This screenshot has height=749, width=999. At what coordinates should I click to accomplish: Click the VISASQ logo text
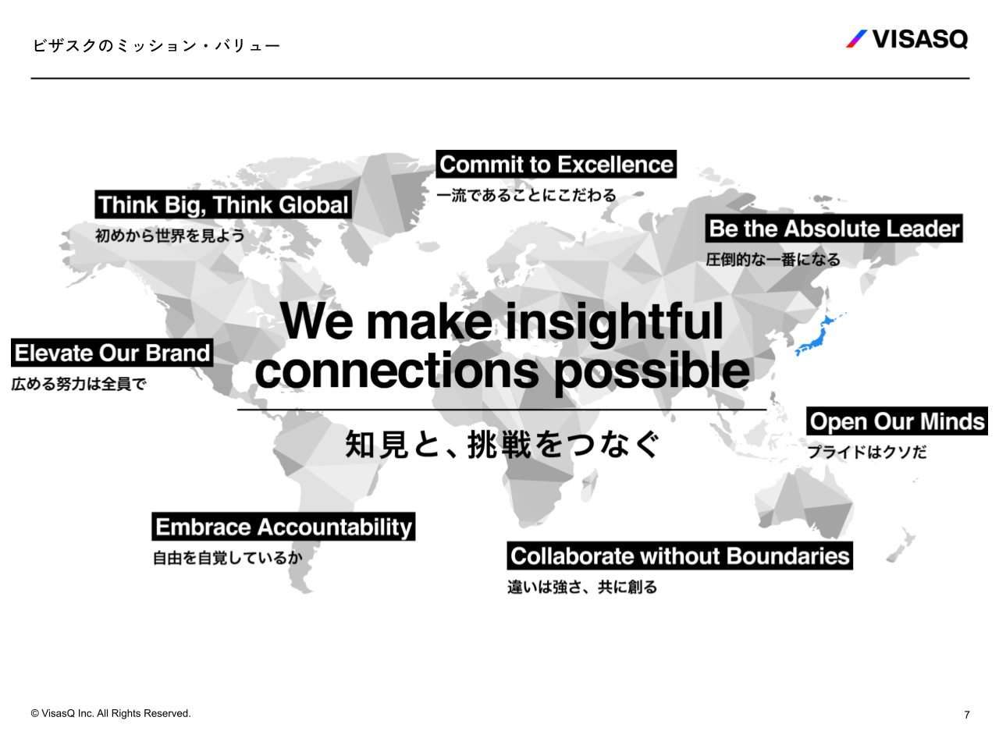919,39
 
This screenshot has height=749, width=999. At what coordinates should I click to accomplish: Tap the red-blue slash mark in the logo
856,39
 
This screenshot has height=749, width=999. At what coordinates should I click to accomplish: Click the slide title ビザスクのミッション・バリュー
157,45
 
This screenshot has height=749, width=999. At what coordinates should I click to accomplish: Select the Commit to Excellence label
556,164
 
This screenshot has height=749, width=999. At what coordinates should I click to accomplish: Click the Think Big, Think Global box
223,204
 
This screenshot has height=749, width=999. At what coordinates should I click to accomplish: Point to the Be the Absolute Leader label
834,229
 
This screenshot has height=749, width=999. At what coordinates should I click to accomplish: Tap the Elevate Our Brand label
112,353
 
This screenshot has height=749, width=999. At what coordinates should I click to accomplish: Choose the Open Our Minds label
897,421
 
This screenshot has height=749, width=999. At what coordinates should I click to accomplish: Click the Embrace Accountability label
283,527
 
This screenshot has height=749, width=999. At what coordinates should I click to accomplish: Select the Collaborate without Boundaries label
680,556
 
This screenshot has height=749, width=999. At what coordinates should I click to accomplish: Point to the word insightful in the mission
614,322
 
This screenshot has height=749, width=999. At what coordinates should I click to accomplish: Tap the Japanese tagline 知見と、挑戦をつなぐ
502,444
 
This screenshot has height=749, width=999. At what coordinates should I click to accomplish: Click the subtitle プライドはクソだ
867,452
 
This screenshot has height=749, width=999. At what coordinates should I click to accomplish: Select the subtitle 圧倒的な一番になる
773,260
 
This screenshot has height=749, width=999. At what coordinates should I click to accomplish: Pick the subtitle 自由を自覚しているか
228,558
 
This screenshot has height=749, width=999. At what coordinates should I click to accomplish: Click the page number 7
966,715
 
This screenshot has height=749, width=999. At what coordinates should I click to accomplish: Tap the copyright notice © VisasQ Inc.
111,714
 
